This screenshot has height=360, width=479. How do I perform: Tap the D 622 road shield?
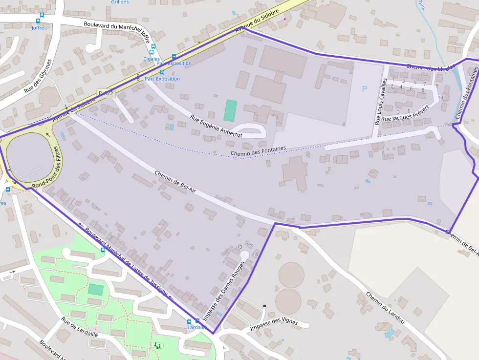[106, 93]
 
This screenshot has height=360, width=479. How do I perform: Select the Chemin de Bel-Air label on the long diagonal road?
[175, 181]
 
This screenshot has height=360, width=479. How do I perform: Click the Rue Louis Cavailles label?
[381, 102]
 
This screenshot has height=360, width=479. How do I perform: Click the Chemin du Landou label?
[385, 307]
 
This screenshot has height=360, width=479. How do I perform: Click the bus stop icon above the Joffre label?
[39, 21]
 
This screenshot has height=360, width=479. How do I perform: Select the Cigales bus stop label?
[152, 59]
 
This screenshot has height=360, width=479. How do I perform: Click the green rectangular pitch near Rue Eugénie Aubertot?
[230, 110]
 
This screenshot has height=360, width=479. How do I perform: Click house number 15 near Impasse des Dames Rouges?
[249, 244]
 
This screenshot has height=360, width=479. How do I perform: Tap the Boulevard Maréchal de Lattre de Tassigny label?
[126, 263]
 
